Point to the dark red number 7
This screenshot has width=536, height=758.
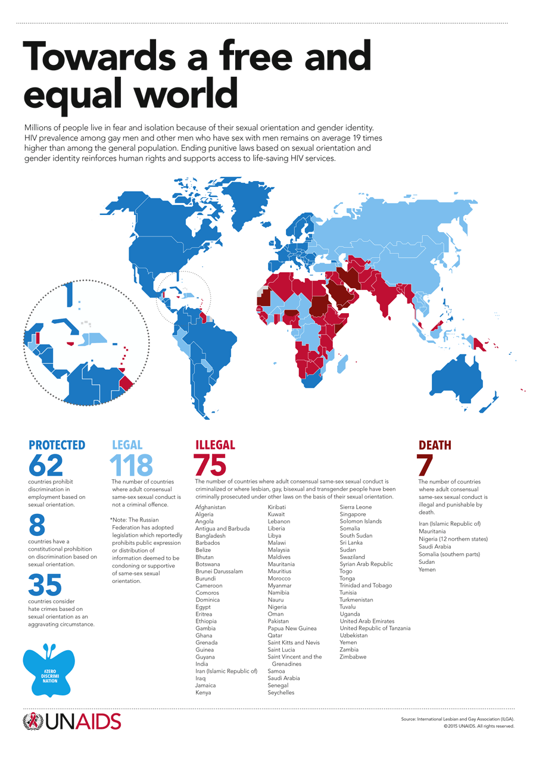425,465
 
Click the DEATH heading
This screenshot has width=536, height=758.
435,445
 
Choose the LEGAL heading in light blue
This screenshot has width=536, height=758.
127,445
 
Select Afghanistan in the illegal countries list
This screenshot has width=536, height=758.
211,507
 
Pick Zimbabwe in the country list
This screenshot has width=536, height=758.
353,657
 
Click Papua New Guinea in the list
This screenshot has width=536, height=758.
292,628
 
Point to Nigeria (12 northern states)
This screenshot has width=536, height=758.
453,539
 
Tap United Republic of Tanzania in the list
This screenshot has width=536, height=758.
375,628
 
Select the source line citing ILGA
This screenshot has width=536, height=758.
457,719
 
